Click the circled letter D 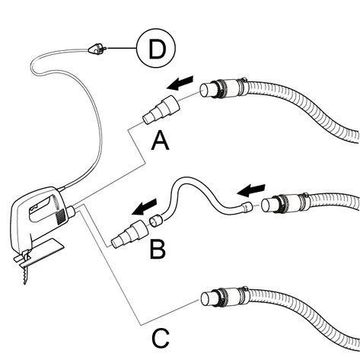click(x=156, y=48)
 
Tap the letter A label click(x=160, y=141)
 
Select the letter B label click(x=158, y=250)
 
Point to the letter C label click(x=161, y=339)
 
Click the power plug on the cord click(x=97, y=49)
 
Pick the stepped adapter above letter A click(x=161, y=110)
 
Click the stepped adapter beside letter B click(x=129, y=234)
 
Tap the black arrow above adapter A click(x=180, y=83)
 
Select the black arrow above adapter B click(x=145, y=207)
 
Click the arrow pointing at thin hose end click(x=251, y=190)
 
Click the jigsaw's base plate click(x=40, y=253)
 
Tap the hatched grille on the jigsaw click(x=60, y=217)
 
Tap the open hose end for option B click(x=269, y=205)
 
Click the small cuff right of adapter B click(x=156, y=221)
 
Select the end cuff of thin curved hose click(x=247, y=206)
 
